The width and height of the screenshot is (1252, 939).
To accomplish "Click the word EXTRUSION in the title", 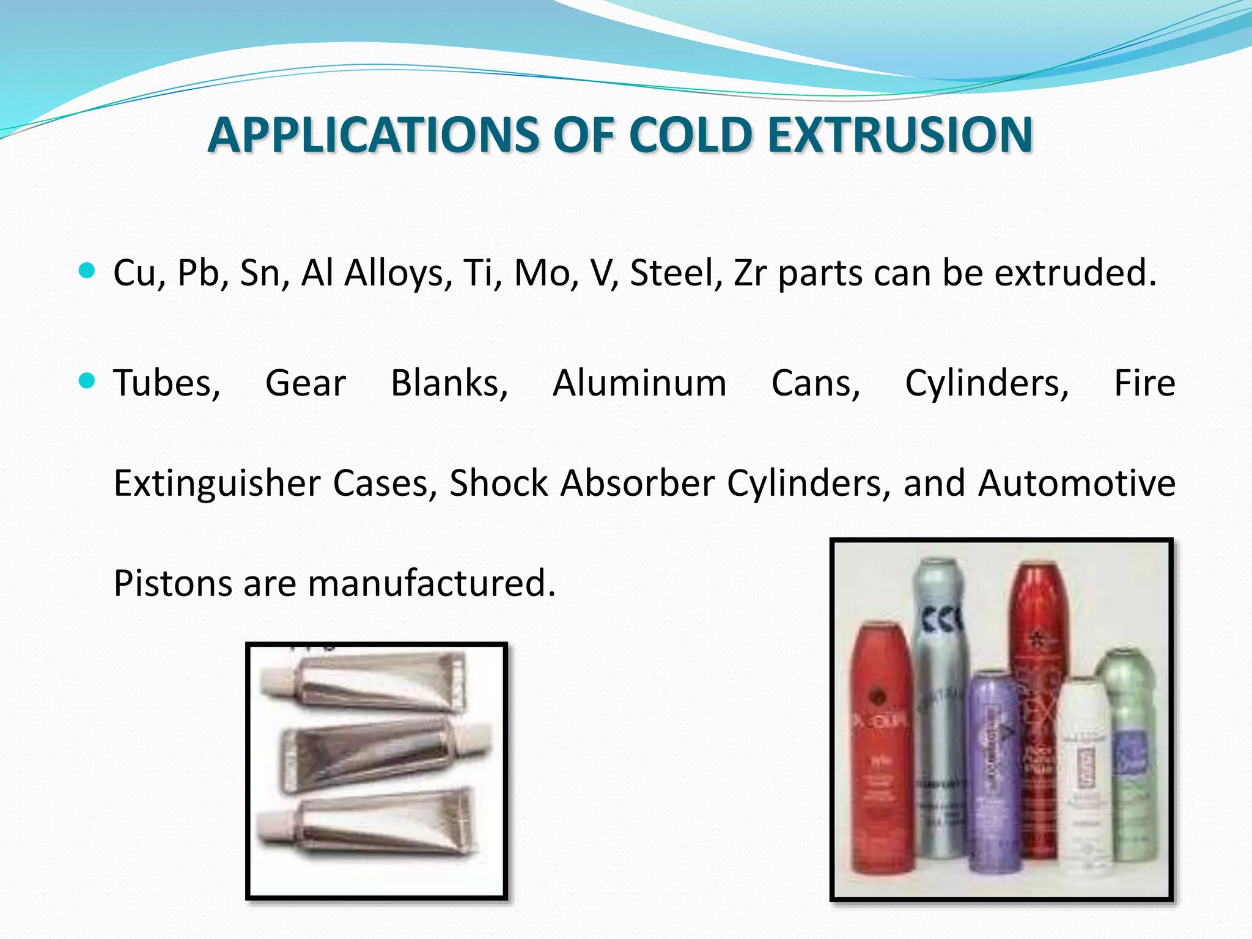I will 900,134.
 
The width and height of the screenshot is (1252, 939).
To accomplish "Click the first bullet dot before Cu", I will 87,271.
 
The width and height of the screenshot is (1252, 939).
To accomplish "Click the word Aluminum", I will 639,384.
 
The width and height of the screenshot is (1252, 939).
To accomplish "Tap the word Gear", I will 306,384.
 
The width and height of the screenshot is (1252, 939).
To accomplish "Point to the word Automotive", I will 1076,483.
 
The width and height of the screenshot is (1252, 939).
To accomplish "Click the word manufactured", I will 431,583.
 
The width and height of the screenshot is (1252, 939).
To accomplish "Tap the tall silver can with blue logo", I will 938,703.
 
